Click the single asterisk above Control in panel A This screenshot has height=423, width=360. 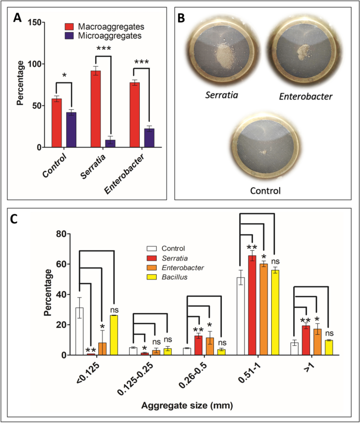pyautogui.click(x=64, y=76)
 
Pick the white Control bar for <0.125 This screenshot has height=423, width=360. pyautogui.click(x=79, y=331)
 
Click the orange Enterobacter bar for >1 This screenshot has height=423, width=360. pyautogui.click(x=318, y=342)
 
